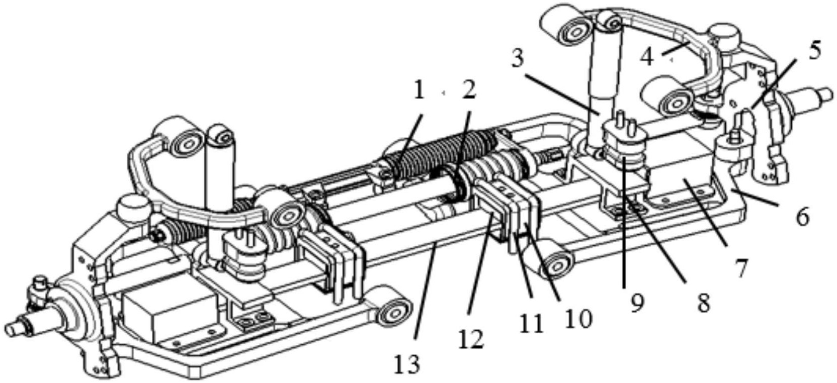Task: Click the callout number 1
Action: coord(418,90)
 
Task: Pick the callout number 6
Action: coord(802,217)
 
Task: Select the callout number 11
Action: coord(532,324)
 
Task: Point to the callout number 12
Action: coord(471,340)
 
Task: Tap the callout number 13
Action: coord(407,364)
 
